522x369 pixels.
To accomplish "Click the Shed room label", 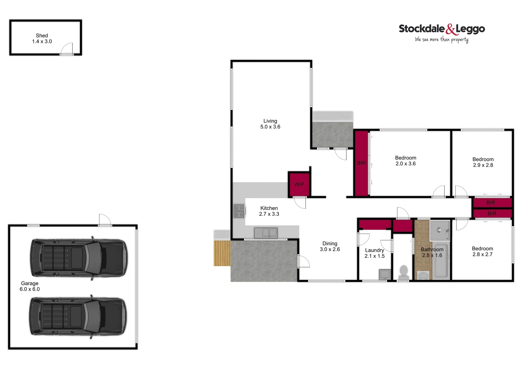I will (42, 38).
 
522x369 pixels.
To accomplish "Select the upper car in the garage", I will (78, 258).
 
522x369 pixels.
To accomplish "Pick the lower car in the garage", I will (78, 316).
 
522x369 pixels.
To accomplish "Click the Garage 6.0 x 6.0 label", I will (30, 286).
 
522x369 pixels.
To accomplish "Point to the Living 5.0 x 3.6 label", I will (270, 124).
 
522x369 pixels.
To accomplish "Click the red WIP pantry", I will (299, 184).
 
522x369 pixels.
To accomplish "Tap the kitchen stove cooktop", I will (239, 211).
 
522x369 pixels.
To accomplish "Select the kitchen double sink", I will (266, 233).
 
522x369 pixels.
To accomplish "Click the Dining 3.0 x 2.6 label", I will (330, 246).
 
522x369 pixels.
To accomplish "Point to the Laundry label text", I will (374, 250).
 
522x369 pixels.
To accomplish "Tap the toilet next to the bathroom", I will (403, 273).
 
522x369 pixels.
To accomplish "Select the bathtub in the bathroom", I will (441, 261).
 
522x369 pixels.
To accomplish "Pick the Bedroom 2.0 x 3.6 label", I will (406, 161).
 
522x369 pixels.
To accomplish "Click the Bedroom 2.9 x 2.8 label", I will (483, 162).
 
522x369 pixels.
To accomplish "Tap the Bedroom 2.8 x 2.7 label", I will (482, 251).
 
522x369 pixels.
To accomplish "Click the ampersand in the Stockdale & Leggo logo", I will (451, 29).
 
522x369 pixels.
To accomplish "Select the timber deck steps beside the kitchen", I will (222, 253).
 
